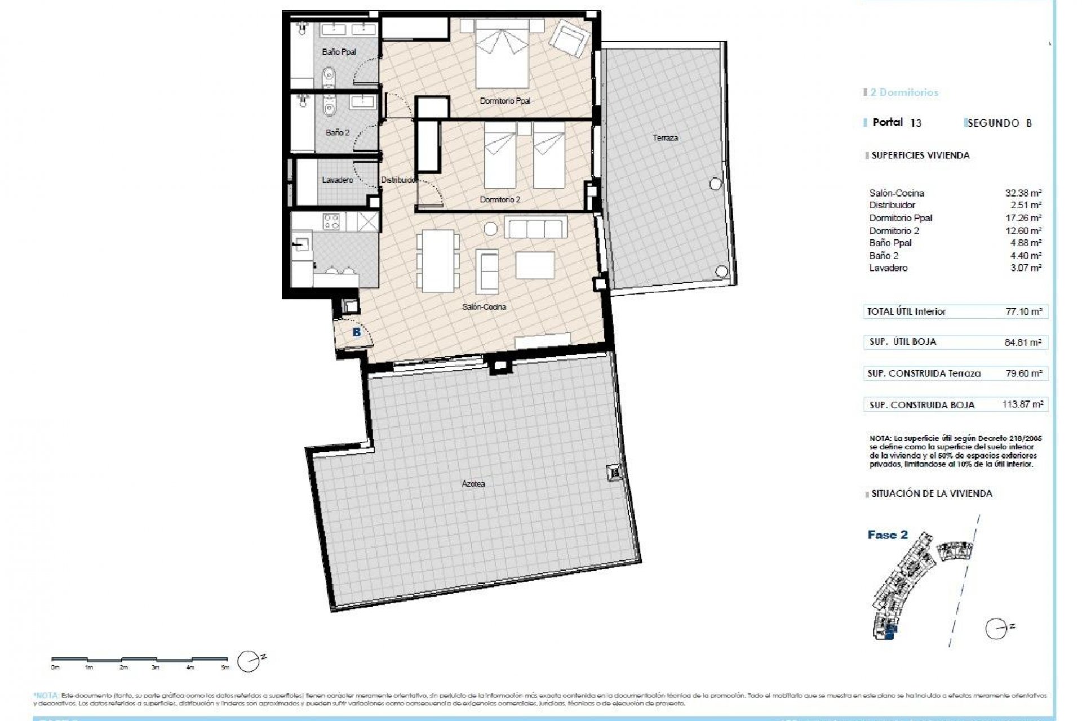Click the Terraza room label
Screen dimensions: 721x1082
point(665,138)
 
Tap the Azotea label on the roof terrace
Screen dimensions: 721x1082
point(473,484)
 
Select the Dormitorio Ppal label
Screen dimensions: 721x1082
point(505,101)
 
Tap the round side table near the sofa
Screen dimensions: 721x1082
point(491,229)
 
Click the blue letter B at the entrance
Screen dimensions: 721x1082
point(356,332)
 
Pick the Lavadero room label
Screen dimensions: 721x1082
point(338,180)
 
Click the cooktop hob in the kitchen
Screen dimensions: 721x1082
point(331,221)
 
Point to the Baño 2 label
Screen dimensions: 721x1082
point(338,133)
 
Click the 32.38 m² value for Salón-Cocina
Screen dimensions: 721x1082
point(1025,193)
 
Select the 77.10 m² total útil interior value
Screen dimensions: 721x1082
point(1025,311)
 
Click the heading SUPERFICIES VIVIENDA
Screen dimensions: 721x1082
point(920,155)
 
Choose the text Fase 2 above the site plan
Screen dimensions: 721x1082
point(888,535)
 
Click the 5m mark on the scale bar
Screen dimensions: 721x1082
point(225,667)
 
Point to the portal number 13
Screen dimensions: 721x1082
point(916,123)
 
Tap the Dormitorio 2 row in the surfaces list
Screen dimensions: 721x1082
point(894,231)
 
